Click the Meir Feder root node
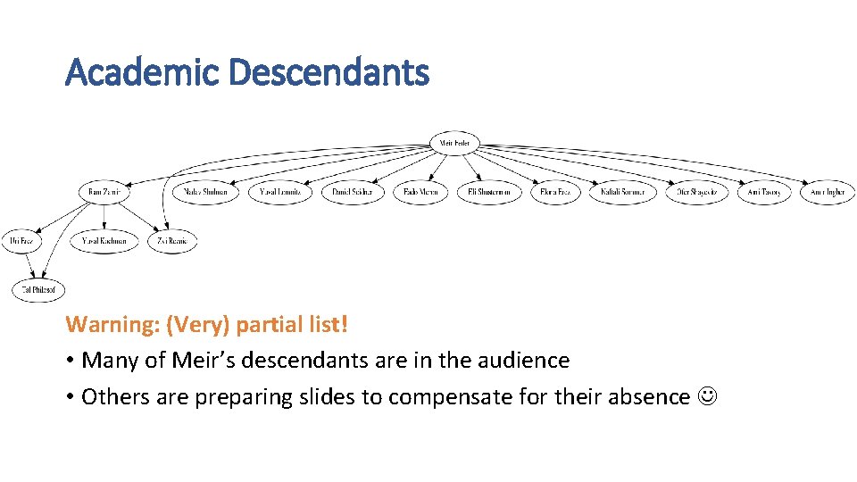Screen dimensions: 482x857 [455, 143]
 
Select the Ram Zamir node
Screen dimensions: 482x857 [105, 192]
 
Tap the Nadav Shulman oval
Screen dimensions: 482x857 [206, 192]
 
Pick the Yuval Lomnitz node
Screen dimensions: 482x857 [280, 192]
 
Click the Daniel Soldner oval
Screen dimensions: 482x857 [353, 192]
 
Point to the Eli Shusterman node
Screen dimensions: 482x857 [489, 192]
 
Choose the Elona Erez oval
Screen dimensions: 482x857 [556, 192]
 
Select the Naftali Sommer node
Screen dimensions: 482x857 [622, 192]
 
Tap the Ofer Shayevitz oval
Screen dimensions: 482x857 [696, 192]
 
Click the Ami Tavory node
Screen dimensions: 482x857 [763, 192]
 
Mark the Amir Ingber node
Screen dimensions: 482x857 [828, 192]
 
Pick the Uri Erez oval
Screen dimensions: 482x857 [22, 241]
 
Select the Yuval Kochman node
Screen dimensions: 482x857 [104, 241]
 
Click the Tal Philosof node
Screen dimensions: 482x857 [38, 289]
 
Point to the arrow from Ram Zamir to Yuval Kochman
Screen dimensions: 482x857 [105, 217]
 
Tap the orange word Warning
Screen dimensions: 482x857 [112, 324]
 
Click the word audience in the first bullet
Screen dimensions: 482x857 [525, 361]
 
